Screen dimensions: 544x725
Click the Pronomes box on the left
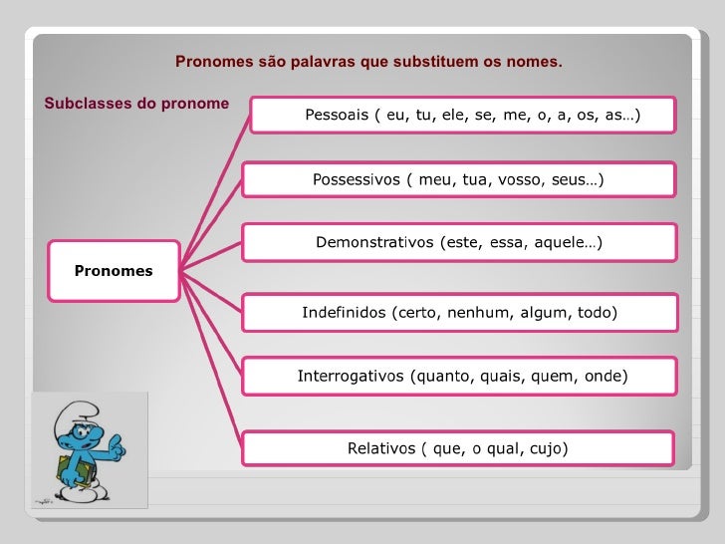[114, 271]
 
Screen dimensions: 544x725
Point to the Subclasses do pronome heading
[136, 104]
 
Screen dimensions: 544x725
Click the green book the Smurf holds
[69, 472]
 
